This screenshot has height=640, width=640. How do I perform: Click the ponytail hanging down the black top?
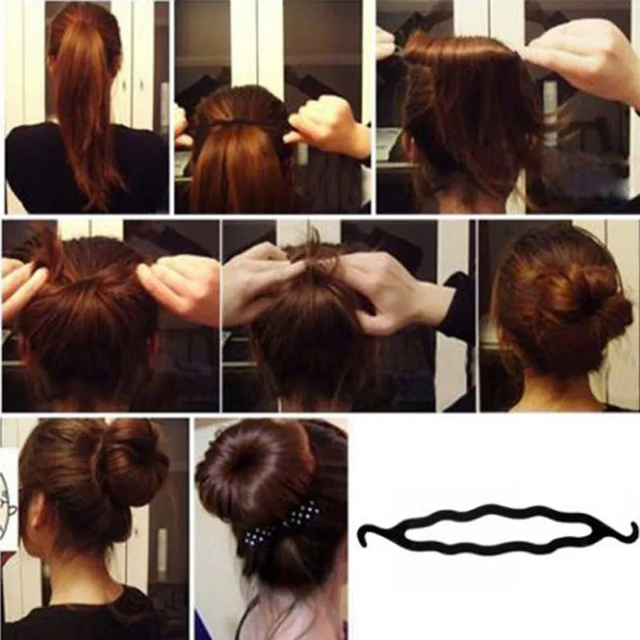[x=84, y=120]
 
